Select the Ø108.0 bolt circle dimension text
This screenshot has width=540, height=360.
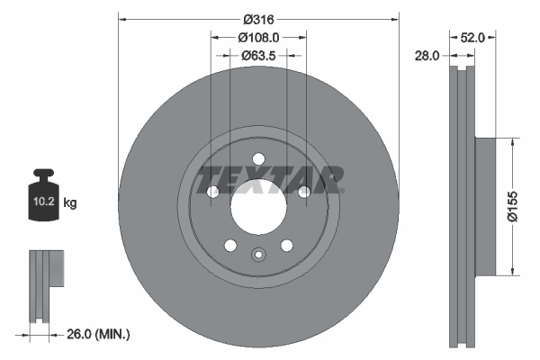(258, 37)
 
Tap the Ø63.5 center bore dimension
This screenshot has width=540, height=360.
(258, 55)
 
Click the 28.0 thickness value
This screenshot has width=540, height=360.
(427, 55)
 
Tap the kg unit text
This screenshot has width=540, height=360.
(70, 204)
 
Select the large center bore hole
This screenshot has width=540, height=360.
(258, 209)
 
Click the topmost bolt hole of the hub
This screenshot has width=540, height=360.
(258, 159)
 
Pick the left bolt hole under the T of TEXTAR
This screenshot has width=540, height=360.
(213, 192)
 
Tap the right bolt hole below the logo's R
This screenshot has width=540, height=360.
(304, 192)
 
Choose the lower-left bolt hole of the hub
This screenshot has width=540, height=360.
(230, 246)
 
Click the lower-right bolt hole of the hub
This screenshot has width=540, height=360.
(286, 246)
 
